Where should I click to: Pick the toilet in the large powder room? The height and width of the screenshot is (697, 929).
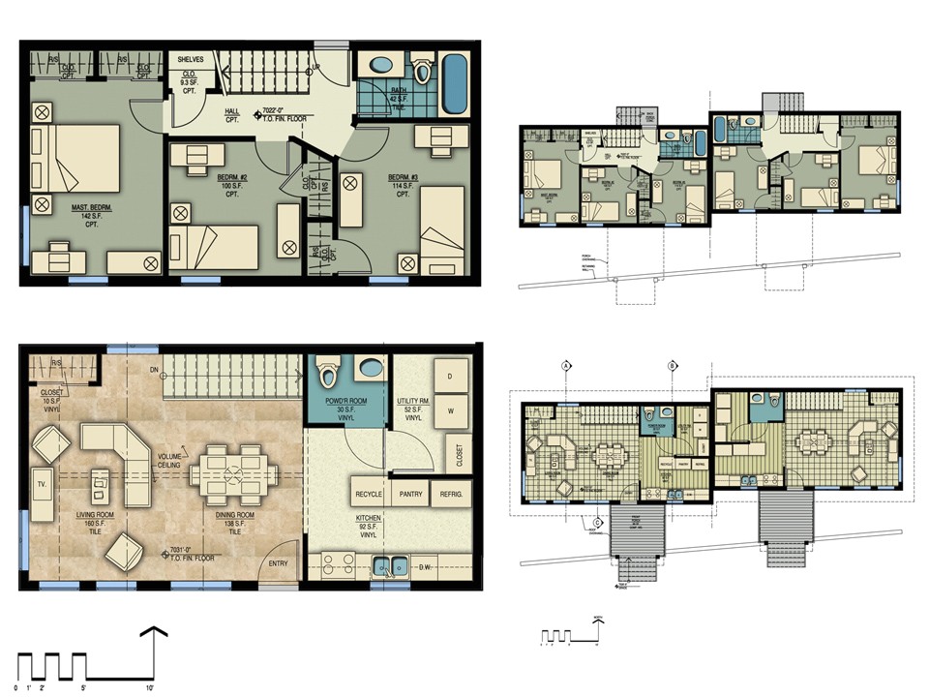(327, 374)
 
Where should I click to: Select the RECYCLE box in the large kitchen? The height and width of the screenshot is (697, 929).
(370, 494)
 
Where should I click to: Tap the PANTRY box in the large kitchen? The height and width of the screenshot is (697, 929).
(410, 494)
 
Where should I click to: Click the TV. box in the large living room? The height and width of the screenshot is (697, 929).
(44, 483)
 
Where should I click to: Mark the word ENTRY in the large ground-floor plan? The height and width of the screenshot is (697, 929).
(278, 563)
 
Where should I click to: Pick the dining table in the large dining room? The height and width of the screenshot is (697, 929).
(233, 473)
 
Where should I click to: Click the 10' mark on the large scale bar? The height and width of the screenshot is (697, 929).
(151, 686)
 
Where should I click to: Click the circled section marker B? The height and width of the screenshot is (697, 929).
(672, 366)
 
